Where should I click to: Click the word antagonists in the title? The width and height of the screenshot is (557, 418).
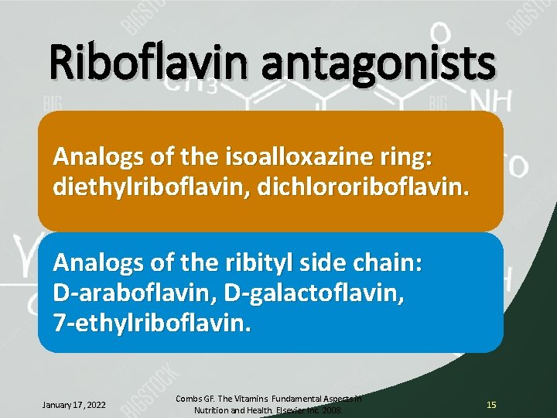[x=379, y=65]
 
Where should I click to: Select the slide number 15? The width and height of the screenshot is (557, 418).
[x=491, y=405]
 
